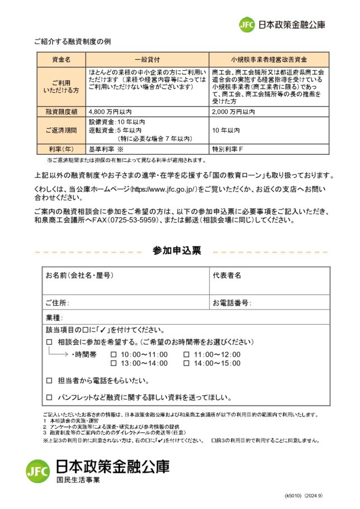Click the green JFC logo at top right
point(247,25)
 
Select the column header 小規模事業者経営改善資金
point(269,59)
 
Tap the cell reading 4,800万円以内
point(111,112)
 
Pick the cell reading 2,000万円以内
point(234,112)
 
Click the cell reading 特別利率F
point(228,149)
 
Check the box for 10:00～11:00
point(113,355)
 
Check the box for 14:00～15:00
point(186,363)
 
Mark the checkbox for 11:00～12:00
point(186,355)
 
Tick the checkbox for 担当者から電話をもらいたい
point(49,381)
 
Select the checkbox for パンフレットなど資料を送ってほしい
point(49,398)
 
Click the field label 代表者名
point(227,275)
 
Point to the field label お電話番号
point(231,303)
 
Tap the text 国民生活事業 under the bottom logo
point(78,480)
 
